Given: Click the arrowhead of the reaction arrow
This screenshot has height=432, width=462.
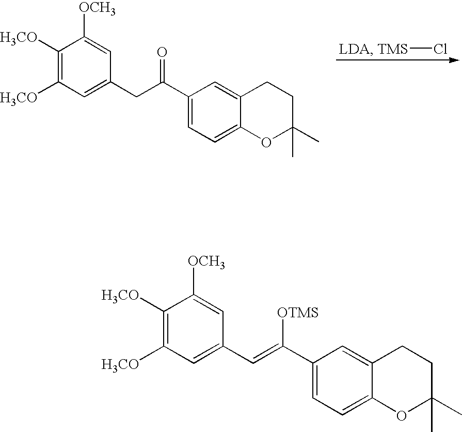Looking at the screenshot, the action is tap(455, 60).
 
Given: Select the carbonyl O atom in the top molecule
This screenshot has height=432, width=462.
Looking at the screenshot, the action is tap(162, 52).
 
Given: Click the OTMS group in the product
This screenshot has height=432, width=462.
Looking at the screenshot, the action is tap(297, 312).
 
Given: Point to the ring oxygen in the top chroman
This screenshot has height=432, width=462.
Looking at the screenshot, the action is tap(266, 143).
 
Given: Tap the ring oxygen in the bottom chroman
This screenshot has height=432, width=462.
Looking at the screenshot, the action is tap(401, 415).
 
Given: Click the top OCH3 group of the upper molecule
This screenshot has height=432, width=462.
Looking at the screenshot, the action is tap(97, 8).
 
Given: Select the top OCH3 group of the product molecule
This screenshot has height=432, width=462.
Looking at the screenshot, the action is tap(206, 262).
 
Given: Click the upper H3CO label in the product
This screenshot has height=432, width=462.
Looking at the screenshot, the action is tap(120, 296).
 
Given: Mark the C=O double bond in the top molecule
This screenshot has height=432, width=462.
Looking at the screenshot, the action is tap(162, 70).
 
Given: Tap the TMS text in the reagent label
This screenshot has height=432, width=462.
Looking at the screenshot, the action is tap(392, 49).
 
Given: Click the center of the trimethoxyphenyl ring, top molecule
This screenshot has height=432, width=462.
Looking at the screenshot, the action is tap(84, 67).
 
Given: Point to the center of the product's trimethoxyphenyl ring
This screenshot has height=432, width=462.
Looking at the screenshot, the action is tap(193, 329).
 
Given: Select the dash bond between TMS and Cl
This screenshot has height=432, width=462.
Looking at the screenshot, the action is tap(420, 49).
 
